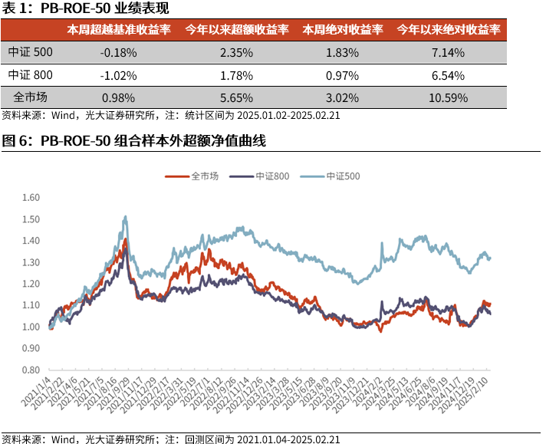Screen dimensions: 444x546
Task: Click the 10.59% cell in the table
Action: click(448, 97)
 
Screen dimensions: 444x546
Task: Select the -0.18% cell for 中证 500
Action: click(118, 52)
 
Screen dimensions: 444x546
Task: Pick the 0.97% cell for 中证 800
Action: click(342, 75)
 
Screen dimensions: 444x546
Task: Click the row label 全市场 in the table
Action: click(30, 97)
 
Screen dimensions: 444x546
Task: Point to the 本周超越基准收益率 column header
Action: click(118, 30)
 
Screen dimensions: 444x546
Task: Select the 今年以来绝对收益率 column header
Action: click(448, 30)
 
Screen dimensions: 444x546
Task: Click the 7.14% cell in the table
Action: click(448, 52)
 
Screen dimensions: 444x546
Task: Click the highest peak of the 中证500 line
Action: click(125, 217)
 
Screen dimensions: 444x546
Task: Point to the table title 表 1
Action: click(85, 8)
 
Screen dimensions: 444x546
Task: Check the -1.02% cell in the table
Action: click(118, 75)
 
